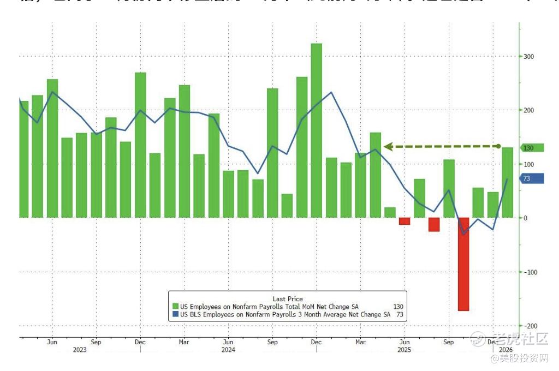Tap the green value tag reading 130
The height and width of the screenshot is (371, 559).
pos(531,148)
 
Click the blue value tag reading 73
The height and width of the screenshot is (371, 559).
pos(531,178)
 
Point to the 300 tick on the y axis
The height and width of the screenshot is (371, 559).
pos(528,57)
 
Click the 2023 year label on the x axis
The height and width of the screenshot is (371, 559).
pos(80,350)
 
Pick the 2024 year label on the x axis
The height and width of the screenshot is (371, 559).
pos(228,350)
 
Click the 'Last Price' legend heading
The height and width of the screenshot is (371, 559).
pos(288,299)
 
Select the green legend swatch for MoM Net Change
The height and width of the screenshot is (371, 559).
pos(175,307)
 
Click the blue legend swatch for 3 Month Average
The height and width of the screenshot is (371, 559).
pos(175,314)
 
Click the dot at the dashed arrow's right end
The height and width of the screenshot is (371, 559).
pos(498,146)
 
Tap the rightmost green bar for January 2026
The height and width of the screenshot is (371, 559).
pos(507,182)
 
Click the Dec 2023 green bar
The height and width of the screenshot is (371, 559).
pos(140,145)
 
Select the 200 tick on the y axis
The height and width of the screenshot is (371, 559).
pos(528,111)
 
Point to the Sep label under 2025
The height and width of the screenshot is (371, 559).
pos(448,342)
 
